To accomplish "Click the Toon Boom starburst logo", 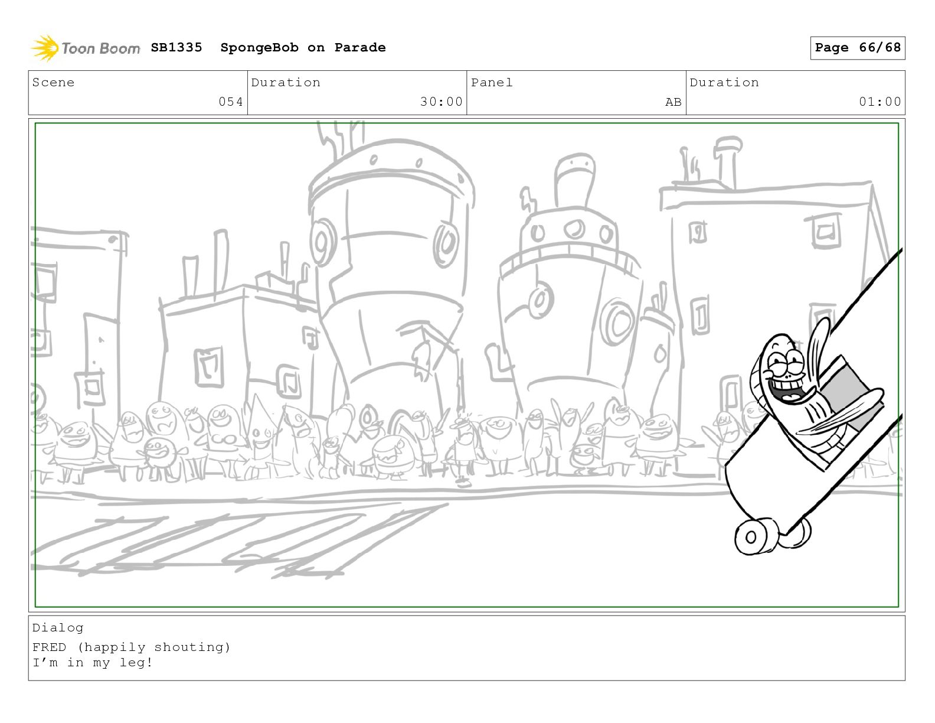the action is point(44,47).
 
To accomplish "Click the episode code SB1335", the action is point(176,47).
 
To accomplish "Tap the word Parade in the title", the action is point(359,47).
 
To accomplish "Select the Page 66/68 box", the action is point(857,48).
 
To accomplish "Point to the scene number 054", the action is point(231,102).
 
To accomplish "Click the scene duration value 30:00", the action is point(441,102).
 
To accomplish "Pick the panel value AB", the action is point(674,102).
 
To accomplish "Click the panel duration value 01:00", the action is point(880,102).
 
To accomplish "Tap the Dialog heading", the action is point(58,628).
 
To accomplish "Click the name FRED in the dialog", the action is point(50,647).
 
